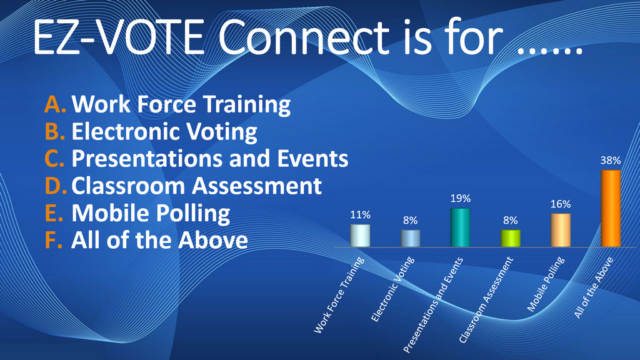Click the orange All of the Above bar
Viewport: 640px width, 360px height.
click(611, 208)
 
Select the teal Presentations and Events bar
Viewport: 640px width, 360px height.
click(461, 227)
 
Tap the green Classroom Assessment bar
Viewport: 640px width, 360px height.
click(511, 238)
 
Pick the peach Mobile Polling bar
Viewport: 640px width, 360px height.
click(561, 230)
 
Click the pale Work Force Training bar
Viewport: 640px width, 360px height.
click(361, 236)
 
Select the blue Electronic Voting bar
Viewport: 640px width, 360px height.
click(411, 238)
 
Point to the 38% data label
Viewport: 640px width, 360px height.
click(611, 161)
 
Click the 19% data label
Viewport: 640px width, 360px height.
click(461, 199)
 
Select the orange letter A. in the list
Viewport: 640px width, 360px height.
click(56, 104)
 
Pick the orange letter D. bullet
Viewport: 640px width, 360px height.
click(56, 186)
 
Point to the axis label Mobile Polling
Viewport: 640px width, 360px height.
click(546, 284)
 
